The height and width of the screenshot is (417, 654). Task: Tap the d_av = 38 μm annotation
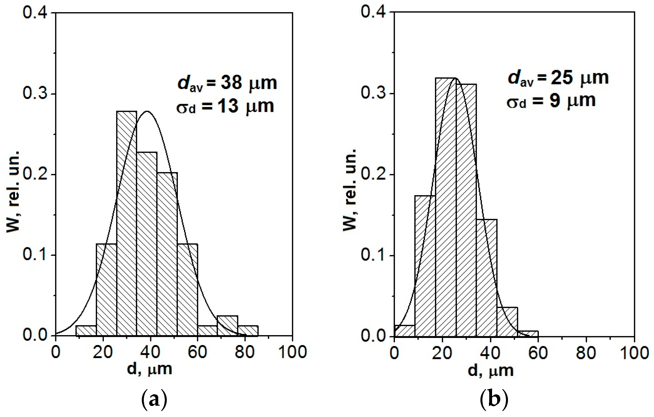[227, 83]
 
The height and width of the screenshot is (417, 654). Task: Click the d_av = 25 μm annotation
[558, 78]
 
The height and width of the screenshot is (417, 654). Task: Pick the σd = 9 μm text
[551, 101]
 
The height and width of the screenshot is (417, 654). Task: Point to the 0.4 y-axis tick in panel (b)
[374, 12]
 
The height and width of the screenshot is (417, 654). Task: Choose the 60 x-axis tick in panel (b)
[538, 353]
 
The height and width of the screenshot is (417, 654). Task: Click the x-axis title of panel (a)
[149, 369]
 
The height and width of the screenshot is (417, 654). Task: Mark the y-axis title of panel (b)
[349, 190]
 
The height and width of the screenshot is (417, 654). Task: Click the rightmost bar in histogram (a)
[248, 331]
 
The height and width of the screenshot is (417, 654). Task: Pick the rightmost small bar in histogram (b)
[528, 334]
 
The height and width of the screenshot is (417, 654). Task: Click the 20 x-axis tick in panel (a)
[103, 352]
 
